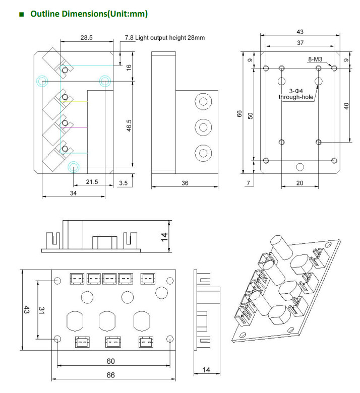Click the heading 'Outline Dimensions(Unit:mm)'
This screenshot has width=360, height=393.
pos(89,14)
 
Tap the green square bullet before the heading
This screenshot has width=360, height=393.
pos(21,15)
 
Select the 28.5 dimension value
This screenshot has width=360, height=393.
pos(87,38)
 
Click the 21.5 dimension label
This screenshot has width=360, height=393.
pos(92,181)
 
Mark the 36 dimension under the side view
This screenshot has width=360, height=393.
pos(185,183)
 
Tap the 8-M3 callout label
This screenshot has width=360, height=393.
pos(316,59)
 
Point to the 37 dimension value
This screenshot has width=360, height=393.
pos(300,43)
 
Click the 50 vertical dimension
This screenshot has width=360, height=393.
pos(250,115)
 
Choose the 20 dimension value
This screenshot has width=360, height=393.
pos(299,183)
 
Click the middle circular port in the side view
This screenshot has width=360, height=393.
pos(203,126)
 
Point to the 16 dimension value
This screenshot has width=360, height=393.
pos(129,67)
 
